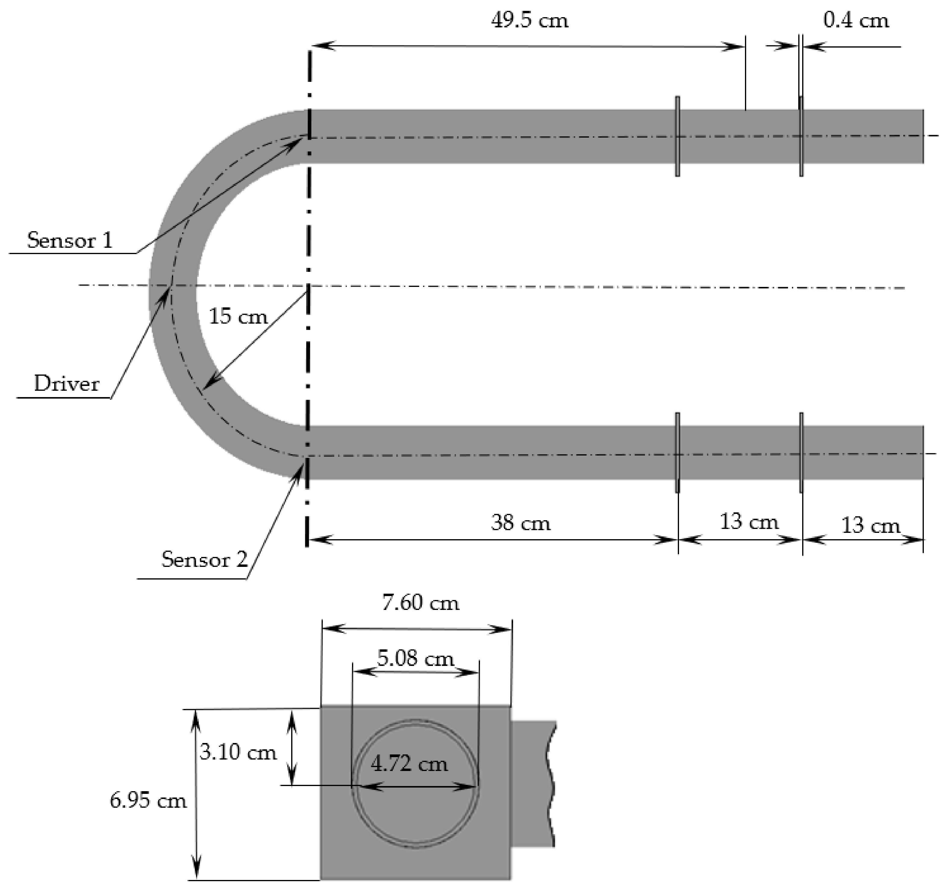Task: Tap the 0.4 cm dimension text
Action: (856, 21)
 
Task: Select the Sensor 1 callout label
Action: (70, 241)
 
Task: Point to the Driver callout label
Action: (67, 384)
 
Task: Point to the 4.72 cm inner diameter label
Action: (409, 764)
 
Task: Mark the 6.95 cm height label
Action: (148, 801)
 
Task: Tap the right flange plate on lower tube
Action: (802, 452)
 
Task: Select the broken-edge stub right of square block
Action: (533, 783)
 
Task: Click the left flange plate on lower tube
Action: (678, 452)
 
